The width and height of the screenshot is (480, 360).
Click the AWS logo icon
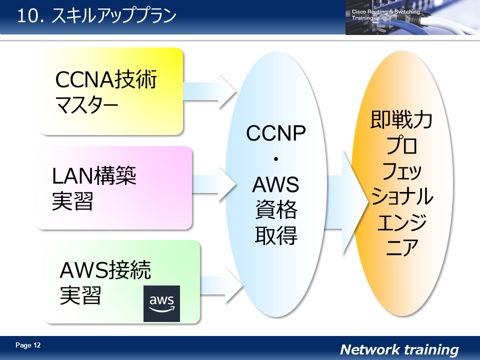tap(161, 303)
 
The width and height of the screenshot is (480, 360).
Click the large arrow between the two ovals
tap(345, 202)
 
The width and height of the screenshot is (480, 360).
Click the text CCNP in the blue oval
tap(276, 134)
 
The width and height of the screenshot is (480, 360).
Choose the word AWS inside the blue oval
tap(275, 185)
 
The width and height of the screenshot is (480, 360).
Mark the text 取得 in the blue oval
tap(276, 234)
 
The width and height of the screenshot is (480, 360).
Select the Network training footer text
tap(399, 349)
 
